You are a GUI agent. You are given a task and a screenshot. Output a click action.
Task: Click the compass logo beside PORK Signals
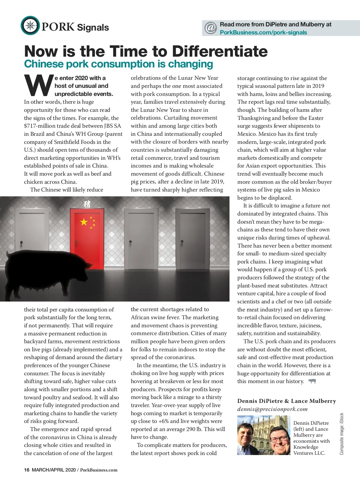coord(30,26)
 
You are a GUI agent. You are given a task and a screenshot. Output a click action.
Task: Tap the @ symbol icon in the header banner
coord(211,28)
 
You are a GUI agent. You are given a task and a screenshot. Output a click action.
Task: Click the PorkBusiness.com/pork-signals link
coord(263,33)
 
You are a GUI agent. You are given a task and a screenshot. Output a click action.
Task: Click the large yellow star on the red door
coord(84,222)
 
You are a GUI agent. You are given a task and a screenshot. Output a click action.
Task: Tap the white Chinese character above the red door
coord(87,204)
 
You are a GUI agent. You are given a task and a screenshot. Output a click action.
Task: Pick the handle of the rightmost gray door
coord(182,242)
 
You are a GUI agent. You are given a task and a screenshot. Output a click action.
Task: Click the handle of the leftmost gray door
coord(21,242)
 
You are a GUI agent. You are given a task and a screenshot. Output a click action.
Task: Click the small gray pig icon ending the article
coord(312,381)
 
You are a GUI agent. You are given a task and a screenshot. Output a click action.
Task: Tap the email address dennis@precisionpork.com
coord(272,409)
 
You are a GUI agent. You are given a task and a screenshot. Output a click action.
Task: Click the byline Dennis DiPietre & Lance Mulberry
coord(286,401)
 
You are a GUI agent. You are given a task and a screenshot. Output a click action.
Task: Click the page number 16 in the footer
coord(27,470)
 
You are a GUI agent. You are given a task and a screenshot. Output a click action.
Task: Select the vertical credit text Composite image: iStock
coord(342,434)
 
